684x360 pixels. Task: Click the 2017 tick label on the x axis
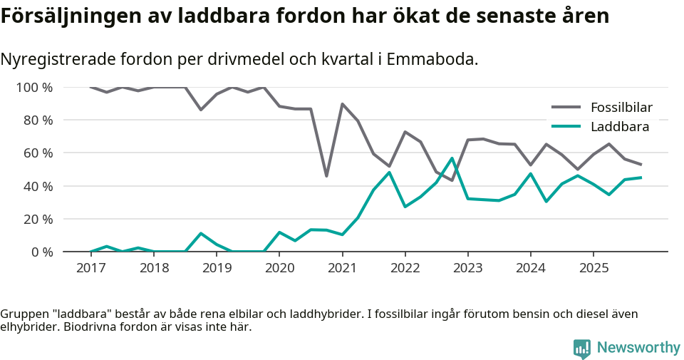coord(90,268)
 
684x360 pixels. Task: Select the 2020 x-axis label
coord(279,268)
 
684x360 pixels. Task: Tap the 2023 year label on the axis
coord(467,268)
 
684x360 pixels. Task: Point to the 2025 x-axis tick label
coord(594,268)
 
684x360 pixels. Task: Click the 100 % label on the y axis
coord(34,88)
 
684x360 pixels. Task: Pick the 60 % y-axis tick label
coord(38,153)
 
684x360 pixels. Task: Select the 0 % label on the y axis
coord(41,252)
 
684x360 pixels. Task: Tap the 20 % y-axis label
coord(38,219)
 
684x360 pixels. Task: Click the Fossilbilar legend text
coord(621,108)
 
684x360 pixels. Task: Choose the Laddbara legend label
coord(619,127)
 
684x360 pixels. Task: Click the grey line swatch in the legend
coord(566,108)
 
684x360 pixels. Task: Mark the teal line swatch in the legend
coord(566,127)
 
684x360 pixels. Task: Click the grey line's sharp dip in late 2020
coord(326,176)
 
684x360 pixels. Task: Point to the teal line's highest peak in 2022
coord(452,158)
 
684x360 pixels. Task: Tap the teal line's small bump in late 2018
coord(201,233)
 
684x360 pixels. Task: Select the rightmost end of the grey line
coord(641,165)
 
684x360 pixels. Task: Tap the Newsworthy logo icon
coord(581,348)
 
